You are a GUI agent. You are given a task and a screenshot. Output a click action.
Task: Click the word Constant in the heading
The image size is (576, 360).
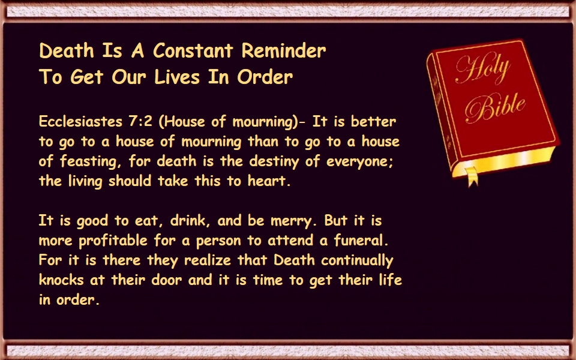pyautogui.click(x=193, y=50)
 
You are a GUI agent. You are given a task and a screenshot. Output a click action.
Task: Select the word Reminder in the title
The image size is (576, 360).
pyautogui.click(x=284, y=50)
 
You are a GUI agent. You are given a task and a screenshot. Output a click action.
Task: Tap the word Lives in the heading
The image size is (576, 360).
pyautogui.click(x=176, y=77)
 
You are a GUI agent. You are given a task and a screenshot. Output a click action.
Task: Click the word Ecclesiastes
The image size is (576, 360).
pyautogui.click(x=80, y=121)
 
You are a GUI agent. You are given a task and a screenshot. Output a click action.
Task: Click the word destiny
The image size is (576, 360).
pyautogui.click(x=274, y=161)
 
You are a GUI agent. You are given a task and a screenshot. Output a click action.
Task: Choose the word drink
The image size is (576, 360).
pyautogui.click(x=190, y=220)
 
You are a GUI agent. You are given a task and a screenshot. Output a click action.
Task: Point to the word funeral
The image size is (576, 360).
pyautogui.click(x=361, y=240)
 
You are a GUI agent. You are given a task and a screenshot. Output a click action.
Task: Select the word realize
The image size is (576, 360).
pyautogui.click(x=208, y=260)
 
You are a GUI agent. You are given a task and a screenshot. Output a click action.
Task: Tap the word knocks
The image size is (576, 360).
pyautogui.click(x=61, y=280)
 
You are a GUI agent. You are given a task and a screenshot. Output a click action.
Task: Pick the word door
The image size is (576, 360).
pyautogui.click(x=167, y=280)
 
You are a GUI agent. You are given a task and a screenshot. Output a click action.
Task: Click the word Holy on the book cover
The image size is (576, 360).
pyautogui.click(x=482, y=68)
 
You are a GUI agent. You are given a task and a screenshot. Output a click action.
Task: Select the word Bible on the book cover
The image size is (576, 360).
pyautogui.click(x=495, y=107)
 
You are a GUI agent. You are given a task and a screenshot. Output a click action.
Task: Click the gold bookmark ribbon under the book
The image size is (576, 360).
pyautogui.click(x=472, y=176)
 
